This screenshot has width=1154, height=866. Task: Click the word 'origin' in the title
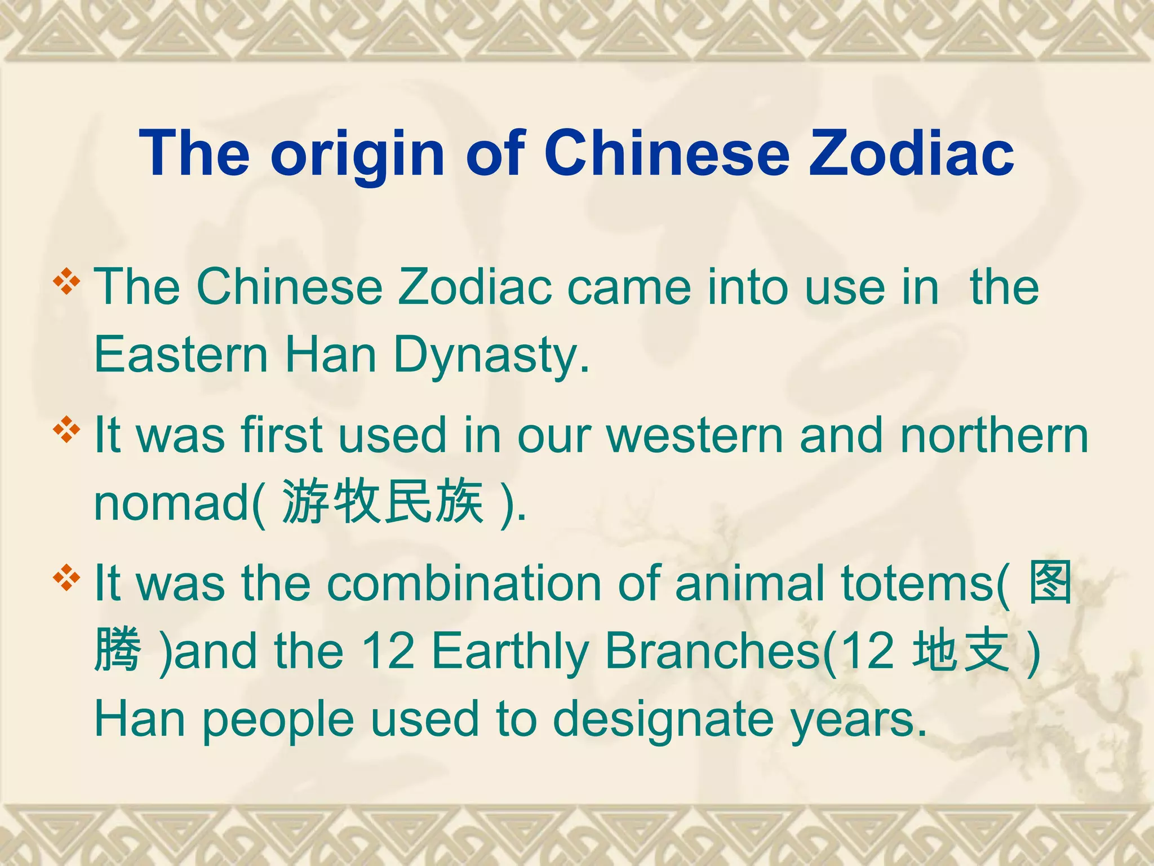click(x=357, y=154)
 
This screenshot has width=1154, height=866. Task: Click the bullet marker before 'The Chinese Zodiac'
click(x=66, y=282)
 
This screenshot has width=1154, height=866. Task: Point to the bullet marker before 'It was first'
click(x=66, y=430)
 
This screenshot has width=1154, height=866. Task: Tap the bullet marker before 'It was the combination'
click(x=66, y=578)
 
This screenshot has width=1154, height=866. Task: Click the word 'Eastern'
click(x=181, y=355)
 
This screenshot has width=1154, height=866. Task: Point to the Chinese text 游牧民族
click(x=383, y=501)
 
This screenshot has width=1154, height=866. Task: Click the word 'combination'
click(x=464, y=583)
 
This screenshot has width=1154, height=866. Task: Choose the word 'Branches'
click(x=712, y=651)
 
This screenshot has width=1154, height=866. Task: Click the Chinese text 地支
click(x=961, y=651)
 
